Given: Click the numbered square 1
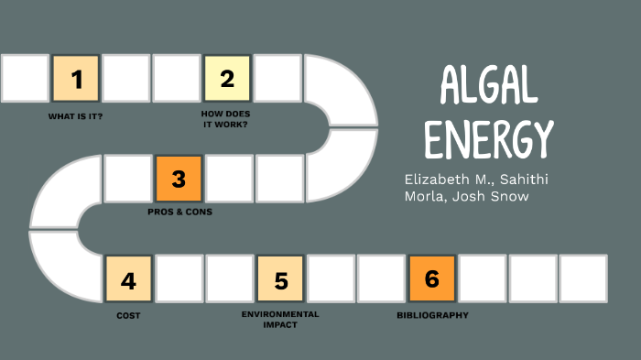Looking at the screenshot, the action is click(76, 79).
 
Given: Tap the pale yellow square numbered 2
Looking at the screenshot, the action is click(227, 79).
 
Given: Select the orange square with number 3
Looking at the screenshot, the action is click(179, 179).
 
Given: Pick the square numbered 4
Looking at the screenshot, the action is click(128, 279).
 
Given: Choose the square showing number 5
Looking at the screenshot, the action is click(280, 279).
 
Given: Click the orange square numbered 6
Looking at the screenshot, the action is click(432, 278).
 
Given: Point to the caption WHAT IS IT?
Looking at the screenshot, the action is click(76, 116).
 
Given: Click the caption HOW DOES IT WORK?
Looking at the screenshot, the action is click(225, 120).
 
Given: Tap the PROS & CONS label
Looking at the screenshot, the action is click(179, 211).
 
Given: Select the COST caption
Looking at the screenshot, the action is click(128, 315).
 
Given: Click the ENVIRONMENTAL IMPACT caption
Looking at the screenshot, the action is click(280, 319).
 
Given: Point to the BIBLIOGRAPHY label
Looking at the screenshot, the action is click(432, 315).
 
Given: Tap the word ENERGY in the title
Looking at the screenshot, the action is click(489, 139).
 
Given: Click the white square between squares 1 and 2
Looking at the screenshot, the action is click(126, 79).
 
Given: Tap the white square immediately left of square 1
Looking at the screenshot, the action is click(25, 79).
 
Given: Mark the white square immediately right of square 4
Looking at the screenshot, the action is click(179, 279).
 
